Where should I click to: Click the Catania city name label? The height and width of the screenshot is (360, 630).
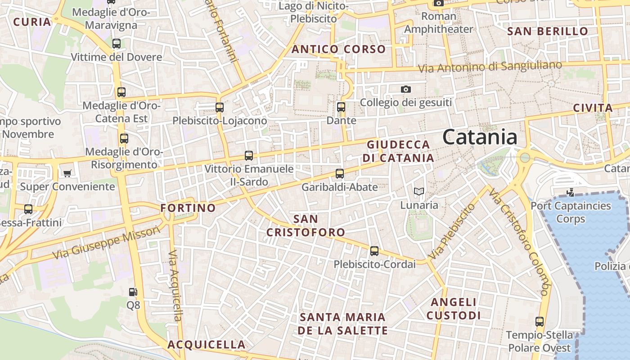(480, 137)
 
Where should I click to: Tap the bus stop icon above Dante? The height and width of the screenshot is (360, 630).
(341, 107)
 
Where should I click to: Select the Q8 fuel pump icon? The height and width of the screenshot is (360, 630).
(133, 292)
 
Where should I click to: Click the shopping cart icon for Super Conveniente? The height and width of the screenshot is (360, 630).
(67, 173)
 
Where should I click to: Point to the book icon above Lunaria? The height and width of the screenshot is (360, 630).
(419, 192)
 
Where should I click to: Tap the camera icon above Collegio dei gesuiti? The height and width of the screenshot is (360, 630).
(406, 89)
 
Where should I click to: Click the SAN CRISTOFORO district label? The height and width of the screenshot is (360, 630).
(306, 226)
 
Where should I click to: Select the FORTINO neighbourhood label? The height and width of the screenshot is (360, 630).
(188, 208)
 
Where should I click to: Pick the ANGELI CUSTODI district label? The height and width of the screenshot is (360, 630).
(454, 309)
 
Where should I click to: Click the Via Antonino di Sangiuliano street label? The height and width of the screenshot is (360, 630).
(490, 67)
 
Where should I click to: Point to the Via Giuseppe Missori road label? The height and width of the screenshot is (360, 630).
(106, 243)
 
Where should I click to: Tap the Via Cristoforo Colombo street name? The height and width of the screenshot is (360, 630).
(520, 243)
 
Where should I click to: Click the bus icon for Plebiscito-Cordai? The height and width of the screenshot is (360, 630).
(374, 251)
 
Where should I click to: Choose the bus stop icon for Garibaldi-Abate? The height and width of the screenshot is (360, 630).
(340, 173)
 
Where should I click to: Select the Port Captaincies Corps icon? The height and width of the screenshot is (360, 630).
(571, 193)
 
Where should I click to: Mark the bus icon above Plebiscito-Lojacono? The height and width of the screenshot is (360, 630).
(219, 107)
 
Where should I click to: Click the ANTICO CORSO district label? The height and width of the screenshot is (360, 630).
(338, 49)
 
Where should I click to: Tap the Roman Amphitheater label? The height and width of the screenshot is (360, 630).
(439, 23)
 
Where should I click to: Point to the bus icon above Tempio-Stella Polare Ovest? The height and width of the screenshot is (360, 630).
(540, 322)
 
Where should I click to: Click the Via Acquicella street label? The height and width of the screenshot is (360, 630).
(175, 286)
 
